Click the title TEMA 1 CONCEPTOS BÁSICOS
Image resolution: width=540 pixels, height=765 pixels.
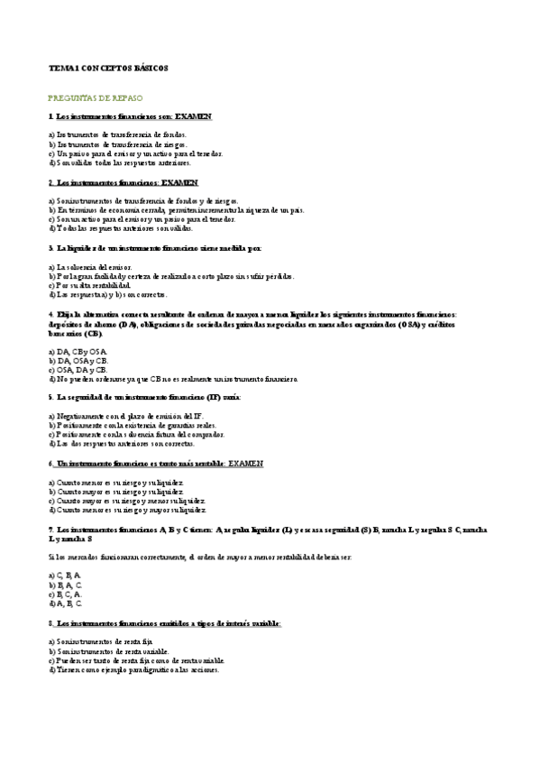click(108, 68)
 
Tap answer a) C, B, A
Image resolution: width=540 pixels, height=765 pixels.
click(64, 575)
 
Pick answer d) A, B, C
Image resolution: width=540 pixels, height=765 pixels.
click(65, 603)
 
